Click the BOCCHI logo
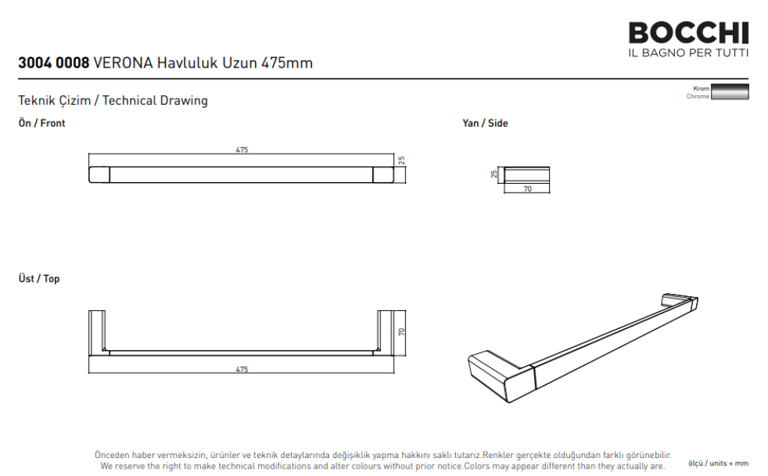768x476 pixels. coord(688,39)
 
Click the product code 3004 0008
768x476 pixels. coord(54,63)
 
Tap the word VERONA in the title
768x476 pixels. coord(123,63)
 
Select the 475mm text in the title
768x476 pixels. coord(286,63)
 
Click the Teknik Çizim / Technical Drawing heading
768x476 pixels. coord(113,100)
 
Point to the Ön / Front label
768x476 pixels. coord(42,123)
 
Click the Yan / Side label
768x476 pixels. coord(485,123)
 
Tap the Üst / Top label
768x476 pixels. coord(39,278)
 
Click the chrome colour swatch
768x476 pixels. coord(730,91)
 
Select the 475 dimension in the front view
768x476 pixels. coord(242,150)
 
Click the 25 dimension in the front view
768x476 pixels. coord(402,160)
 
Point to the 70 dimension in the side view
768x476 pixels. coord(527,189)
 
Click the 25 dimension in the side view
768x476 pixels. coord(494,174)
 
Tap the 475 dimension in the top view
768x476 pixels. coord(242,370)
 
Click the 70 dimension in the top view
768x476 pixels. coord(402,331)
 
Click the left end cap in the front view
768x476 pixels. coord(99,175)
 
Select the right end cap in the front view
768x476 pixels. coord(383,175)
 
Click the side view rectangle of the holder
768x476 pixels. coord(526,175)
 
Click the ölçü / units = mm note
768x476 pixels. coord(718,463)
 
